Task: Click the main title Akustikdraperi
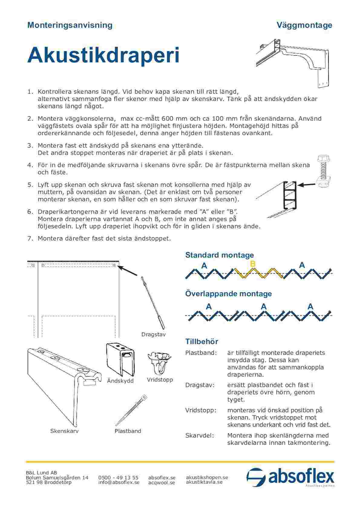(103, 55)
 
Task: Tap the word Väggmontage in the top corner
(304, 25)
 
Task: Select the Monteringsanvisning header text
(70, 25)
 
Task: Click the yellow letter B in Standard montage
(253, 264)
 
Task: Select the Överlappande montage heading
(228, 293)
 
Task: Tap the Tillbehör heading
(201, 342)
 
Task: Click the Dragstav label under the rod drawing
(153, 335)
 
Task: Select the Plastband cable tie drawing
(131, 410)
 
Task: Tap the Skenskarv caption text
(64, 431)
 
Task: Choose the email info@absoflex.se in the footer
(119, 482)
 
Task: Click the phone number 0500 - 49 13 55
(118, 478)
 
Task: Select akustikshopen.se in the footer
(207, 477)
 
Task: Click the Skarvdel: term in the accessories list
(199, 436)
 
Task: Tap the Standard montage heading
(219, 255)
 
